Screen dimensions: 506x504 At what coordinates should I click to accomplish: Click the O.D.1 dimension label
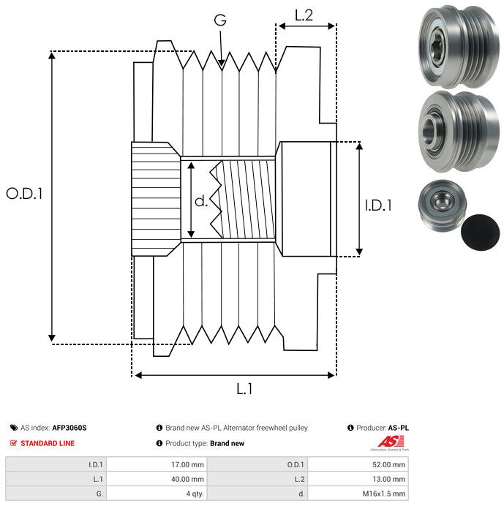point(25,194)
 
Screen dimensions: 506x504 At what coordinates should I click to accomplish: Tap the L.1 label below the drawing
point(244,390)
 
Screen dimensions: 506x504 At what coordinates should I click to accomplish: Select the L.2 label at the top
point(304,15)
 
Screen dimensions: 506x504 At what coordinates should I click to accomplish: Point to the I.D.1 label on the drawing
point(378,205)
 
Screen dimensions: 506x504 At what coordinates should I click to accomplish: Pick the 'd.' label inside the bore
point(200,201)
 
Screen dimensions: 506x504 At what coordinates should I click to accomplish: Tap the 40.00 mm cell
point(187,479)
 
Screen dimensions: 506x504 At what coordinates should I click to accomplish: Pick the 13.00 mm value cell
point(388,479)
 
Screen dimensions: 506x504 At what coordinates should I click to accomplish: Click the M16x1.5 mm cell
point(383,494)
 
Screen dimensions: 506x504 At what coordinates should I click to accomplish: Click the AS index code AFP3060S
point(74,428)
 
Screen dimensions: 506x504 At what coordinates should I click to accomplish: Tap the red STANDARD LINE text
point(48,443)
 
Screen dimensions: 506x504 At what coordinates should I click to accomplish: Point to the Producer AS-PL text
point(396,428)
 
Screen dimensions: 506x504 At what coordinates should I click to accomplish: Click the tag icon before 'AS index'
point(14,428)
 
